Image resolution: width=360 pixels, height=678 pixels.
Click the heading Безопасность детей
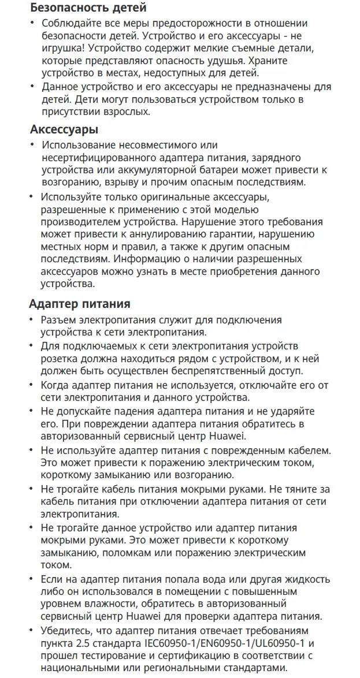pyautogui.click(x=80, y=8)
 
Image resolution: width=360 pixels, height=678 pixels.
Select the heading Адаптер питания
pyautogui.click(x=80, y=304)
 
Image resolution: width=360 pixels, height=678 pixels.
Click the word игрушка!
pyautogui.click(x=62, y=48)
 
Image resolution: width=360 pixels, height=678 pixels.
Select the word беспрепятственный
pyautogui.click(x=213, y=371)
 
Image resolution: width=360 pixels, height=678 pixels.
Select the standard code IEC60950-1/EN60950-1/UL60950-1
pyautogui.click(x=222, y=643)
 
